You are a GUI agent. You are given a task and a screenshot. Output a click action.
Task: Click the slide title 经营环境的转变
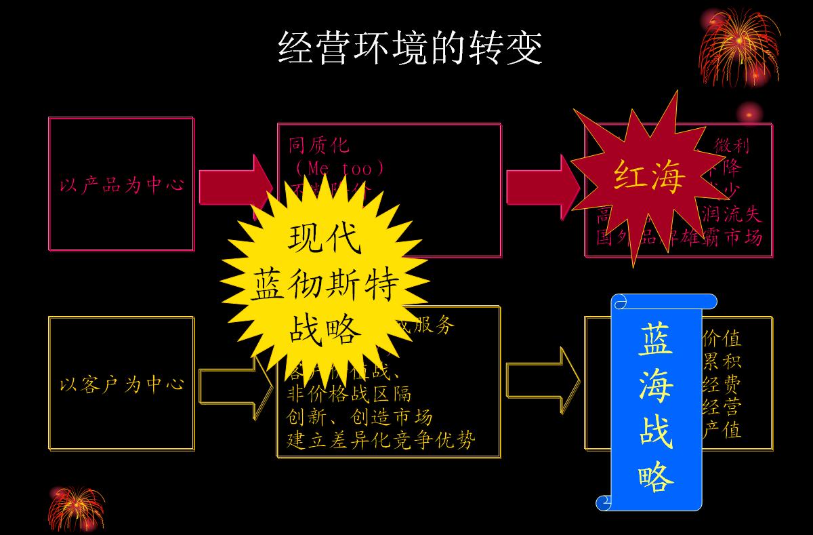(410, 47)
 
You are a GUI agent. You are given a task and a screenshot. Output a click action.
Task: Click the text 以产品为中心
(121, 185)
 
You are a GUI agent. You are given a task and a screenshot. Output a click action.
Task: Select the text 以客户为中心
(121, 385)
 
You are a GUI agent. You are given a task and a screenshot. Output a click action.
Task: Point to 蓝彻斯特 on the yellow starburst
(325, 286)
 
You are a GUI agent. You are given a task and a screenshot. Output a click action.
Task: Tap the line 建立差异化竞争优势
(381, 439)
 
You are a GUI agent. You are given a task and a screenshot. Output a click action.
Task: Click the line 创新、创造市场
(360, 416)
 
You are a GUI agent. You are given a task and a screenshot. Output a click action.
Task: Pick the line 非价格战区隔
(349, 394)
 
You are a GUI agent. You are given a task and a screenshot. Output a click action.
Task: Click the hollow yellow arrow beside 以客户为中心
(227, 384)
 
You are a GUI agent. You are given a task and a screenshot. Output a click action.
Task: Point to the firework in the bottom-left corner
(77, 507)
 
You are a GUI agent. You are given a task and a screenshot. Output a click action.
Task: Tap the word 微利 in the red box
(732, 146)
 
